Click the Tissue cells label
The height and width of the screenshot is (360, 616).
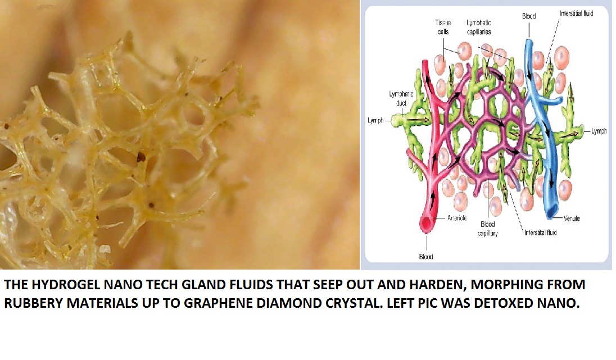[x=443, y=27]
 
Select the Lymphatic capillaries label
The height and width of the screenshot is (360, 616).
[x=479, y=27]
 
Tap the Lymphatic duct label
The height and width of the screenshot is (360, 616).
[x=401, y=98]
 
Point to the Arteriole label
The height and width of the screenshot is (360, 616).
[x=457, y=218]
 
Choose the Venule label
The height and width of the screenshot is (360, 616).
[x=572, y=218]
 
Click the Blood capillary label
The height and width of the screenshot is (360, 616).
[x=487, y=229]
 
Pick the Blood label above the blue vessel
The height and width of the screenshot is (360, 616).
[x=529, y=16]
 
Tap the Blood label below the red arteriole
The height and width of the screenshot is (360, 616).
[x=426, y=257]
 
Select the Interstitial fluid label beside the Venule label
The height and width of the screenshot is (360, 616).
[x=540, y=233]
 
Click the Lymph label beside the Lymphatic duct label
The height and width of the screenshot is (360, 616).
[x=375, y=121]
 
